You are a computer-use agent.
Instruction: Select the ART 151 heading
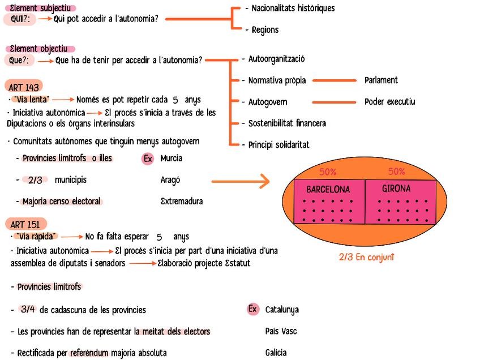click(x=25, y=225)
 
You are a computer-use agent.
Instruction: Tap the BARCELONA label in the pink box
click(x=328, y=190)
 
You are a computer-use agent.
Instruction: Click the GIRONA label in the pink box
click(x=396, y=188)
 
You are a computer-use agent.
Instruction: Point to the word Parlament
click(x=381, y=80)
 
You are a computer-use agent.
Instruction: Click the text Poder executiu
click(x=389, y=102)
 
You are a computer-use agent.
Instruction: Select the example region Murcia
click(x=172, y=158)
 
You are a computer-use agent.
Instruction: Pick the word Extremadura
click(x=182, y=202)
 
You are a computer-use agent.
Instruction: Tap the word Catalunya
click(x=282, y=310)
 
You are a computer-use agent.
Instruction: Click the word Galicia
click(x=276, y=353)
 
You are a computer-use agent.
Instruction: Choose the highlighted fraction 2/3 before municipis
click(x=35, y=180)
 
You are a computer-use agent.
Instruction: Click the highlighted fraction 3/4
click(x=28, y=309)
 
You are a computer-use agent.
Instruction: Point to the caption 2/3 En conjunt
click(x=366, y=257)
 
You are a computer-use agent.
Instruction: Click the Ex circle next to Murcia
click(x=148, y=158)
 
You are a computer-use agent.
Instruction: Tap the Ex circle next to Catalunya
click(x=253, y=309)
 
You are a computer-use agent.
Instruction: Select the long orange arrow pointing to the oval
click(x=240, y=181)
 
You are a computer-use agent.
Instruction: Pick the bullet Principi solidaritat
click(x=278, y=145)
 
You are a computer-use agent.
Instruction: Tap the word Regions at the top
click(x=265, y=30)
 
